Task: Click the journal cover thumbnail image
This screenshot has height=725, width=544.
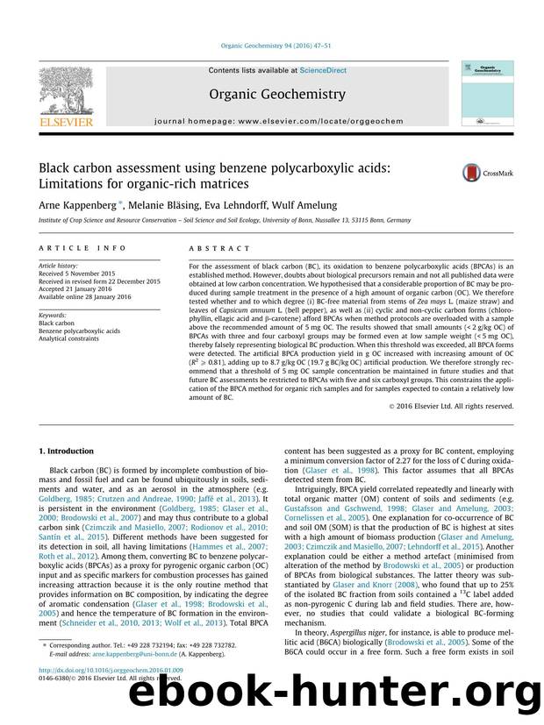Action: click(x=487, y=88)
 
